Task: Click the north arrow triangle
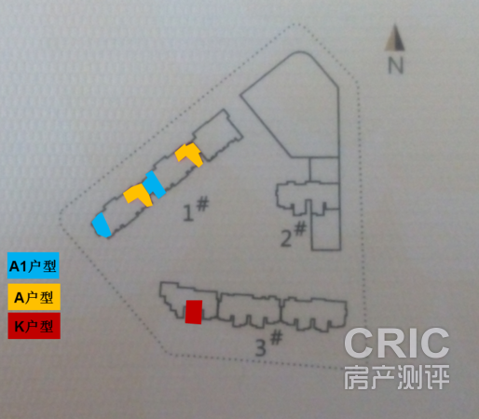tap(395, 39)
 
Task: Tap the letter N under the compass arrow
tap(396, 65)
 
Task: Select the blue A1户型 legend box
tap(34, 265)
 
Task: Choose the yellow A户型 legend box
tap(34, 297)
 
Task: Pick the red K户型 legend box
tap(34, 326)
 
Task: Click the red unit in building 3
tap(194, 312)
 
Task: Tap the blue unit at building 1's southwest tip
tap(101, 225)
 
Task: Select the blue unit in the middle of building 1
tap(155, 184)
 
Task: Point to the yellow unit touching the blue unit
tap(137, 194)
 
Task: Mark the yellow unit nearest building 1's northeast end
tap(189, 155)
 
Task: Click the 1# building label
tap(196, 209)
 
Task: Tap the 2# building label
tap(294, 234)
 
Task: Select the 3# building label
tap(268, 344)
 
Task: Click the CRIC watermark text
tap(397, 343)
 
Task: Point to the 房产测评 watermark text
tap(397, 377)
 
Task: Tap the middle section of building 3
tap(249, 309)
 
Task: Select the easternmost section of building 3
tap(314, 314)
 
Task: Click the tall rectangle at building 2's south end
tap(326, 229)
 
